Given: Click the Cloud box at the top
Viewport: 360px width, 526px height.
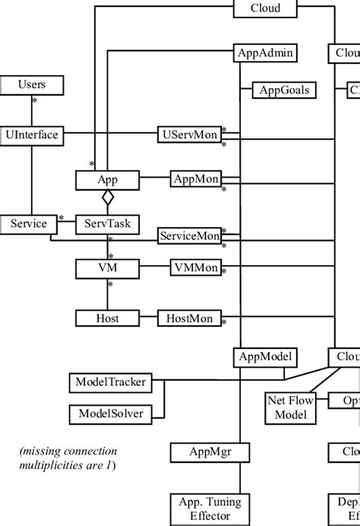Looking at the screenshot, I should (x=265, y=8).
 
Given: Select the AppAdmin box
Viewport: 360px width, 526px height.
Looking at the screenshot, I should (x=265, y=53).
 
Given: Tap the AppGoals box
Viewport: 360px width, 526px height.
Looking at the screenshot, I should (x=284, y=90).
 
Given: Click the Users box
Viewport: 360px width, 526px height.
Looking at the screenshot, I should (x=32, y=84).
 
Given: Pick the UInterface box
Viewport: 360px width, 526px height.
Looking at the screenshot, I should (x=32, y=135).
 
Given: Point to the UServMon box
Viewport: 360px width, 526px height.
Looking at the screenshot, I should (x=189, y=135).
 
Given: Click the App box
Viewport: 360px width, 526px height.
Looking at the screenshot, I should (x=107, y=180).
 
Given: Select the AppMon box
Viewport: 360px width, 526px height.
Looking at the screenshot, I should (x=195, y=179).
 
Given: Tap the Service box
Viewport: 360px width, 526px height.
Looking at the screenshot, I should (x=29, y=224).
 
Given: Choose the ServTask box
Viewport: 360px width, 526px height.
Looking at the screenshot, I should (x=107, y=224).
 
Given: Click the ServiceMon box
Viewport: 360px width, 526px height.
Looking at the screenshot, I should (x=189, y=236).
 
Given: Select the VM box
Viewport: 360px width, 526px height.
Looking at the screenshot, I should (x=107, y=268).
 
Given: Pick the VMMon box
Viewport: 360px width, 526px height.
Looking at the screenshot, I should (x=195, y=268).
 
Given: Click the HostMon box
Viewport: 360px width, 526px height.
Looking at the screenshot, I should (x=189, y=318).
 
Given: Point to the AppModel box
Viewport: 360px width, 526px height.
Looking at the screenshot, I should (x=265, y=356).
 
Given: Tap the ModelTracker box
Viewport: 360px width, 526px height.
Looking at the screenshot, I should (x=110, y=382).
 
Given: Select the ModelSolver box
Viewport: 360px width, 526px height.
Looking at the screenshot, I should (x=110, y=414).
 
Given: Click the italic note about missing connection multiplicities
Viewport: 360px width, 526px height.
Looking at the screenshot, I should (x=68, y=458).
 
